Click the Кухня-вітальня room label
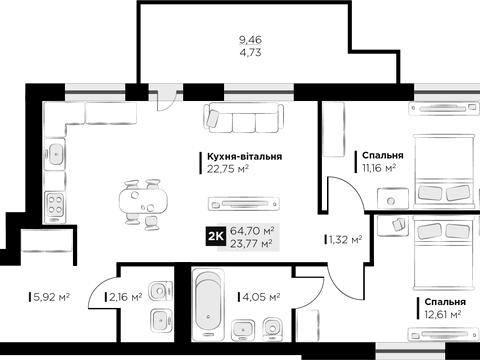(245, 156)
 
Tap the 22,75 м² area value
(228, 169)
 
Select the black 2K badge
(215, 236)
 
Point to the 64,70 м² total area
(252, 230)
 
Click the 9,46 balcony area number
(250, 40)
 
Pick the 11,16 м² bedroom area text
(379, 168)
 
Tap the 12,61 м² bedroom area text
(442, 314)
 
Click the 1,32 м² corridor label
(345, 239)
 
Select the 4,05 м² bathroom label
(261, 297)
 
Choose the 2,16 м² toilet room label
(126, 297)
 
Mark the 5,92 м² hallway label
(51, 297)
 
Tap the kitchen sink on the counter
(55, 154)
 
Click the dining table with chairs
(143, 205)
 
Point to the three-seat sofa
(243, 118)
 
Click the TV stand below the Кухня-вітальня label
(244, 204)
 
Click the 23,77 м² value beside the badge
(252, 243)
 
